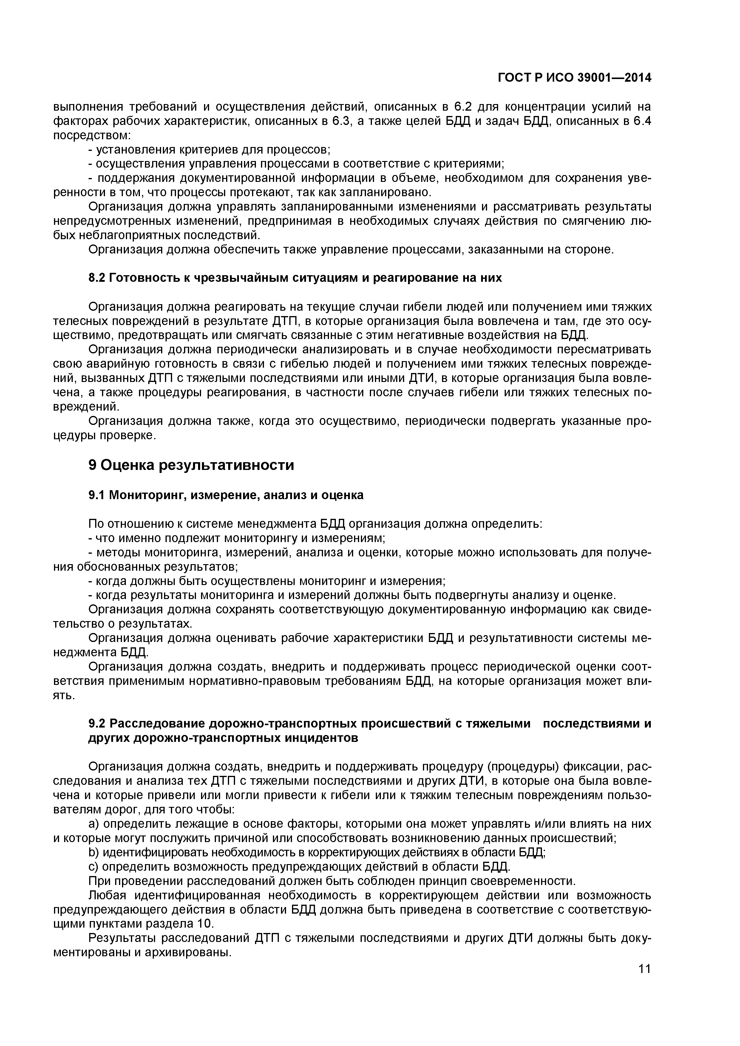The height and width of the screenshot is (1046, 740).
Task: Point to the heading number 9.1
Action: click(x=96, y=495)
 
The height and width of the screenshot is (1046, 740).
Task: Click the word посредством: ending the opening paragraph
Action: click(x=92, y=136)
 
